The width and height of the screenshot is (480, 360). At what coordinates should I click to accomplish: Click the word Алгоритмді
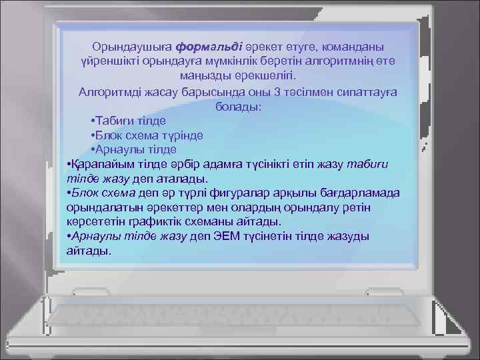[111, 92]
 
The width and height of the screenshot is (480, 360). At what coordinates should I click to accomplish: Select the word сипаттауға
[364, 92]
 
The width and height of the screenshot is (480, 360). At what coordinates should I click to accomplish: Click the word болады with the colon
[239, 107]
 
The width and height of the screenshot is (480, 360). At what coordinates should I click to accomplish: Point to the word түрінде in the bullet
[182, 136]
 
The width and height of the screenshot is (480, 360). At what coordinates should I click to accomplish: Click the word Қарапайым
[102, 165]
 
